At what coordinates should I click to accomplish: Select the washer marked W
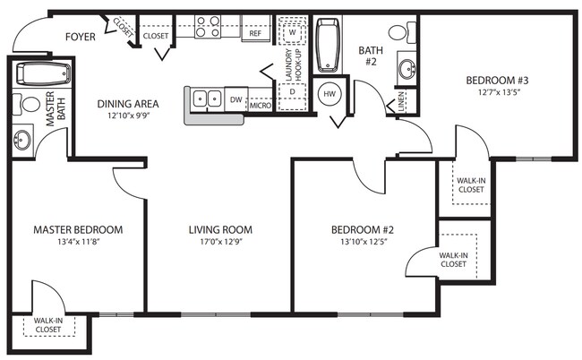coord(292,31)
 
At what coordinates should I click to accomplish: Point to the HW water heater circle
coord(329,93)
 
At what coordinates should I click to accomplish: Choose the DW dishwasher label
coord(235,99)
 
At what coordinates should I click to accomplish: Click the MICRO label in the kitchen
coord(260,105)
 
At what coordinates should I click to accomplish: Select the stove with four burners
coord(209,27)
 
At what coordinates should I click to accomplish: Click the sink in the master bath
coord(22,139)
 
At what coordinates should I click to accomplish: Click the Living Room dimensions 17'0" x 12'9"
coord(219,241)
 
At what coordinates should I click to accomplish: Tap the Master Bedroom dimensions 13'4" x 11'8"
coord(77,241)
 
